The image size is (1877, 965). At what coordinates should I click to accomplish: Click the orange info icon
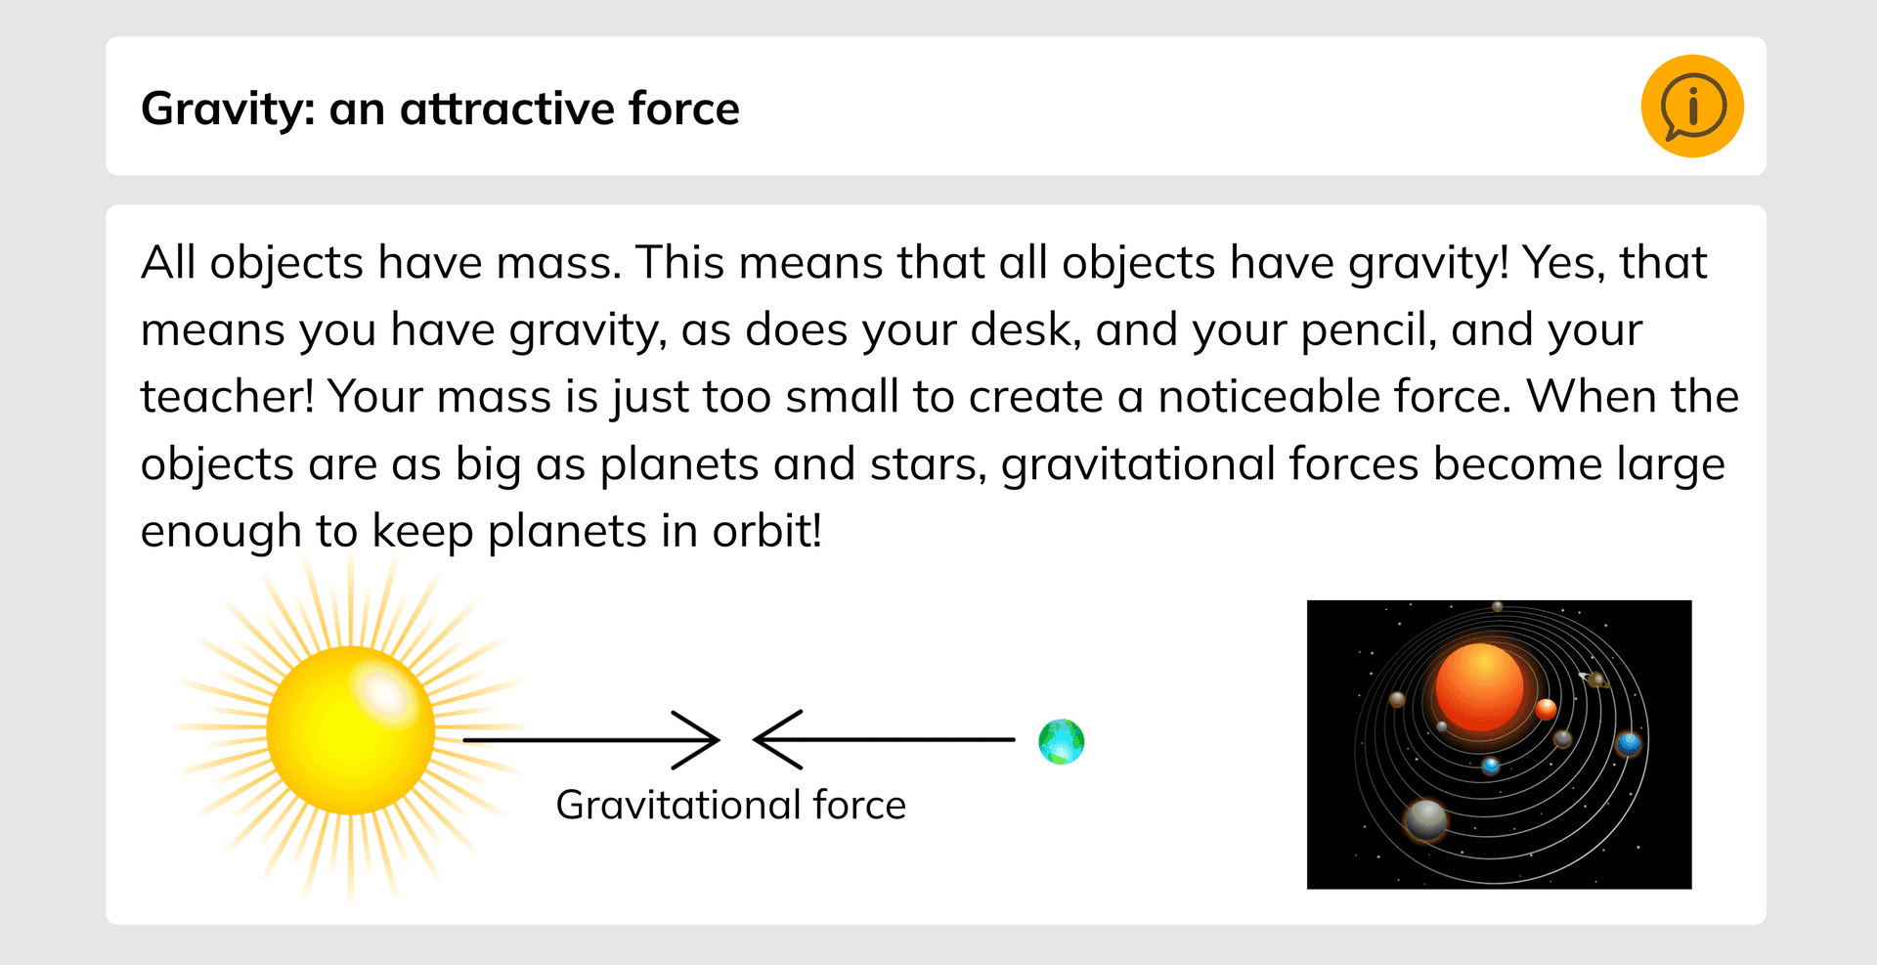tap(1692, 106)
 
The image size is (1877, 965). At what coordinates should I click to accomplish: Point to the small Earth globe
tap(1061, 741)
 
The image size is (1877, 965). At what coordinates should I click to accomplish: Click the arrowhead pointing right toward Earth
tap(702, 740)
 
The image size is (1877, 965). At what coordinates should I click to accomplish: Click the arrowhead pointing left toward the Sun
tap(772, 740)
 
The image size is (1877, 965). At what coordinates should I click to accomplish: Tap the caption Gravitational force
tap(730, 805)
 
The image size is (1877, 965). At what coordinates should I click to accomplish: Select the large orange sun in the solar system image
tap(1479, 687)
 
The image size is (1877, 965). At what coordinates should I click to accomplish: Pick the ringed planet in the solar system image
tap(1596, 680)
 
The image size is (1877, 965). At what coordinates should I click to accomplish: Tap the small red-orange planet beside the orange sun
tap(1546, 709)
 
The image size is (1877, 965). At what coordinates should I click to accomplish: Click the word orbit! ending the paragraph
tap(766, 531)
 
